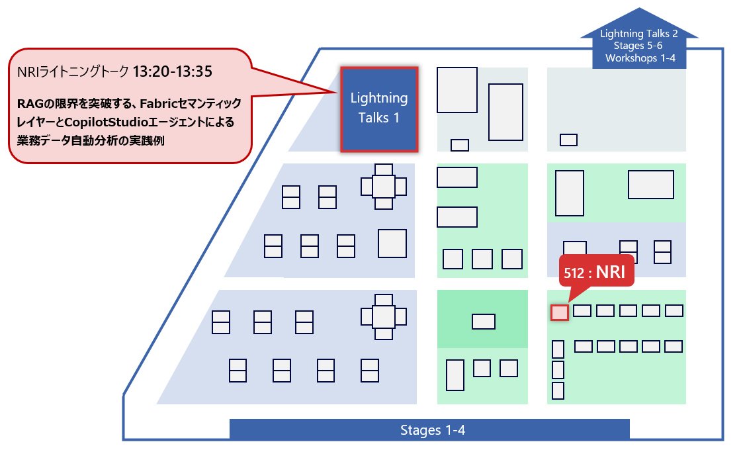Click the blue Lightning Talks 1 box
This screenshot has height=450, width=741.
tap(378, 109)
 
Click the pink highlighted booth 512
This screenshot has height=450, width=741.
tap(560, 312)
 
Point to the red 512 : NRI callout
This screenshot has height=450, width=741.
tap(596, 271)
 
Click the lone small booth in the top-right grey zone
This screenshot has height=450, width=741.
tap(568, 140)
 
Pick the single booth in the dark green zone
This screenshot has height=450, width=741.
tap(483, 322)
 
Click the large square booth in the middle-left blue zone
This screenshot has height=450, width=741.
tap(392, 244)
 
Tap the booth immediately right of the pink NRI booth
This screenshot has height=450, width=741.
tap(582, 311)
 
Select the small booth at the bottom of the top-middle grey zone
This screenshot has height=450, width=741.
tap(459, 145)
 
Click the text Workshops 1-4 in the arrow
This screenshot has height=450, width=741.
tap(638, 57)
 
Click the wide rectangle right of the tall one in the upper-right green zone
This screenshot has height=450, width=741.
tap(650, 185)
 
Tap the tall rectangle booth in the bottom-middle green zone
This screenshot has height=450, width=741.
tap(455, 375)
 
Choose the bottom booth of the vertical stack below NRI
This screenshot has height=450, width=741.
tap(558, 391)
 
